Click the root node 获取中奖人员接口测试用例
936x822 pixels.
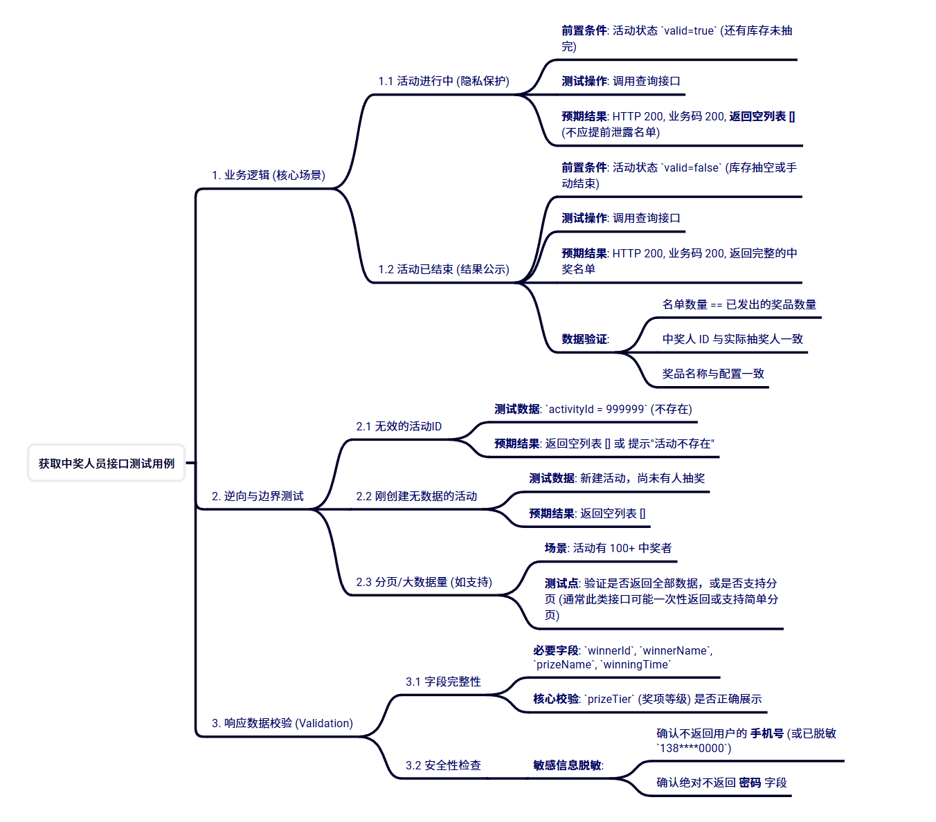tap(107, 464)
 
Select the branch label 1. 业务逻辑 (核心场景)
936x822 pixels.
tap(269, 175)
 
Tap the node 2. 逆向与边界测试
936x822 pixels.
tap(258, 496)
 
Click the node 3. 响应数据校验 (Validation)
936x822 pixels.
tap(282, 723)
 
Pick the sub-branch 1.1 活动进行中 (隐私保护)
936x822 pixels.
tap(444, 81)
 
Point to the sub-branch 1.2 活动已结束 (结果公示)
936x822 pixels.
tap(444, 269)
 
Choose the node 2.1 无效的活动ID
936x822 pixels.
tap(399, 426)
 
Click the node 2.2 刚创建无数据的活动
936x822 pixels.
tap(417, 496)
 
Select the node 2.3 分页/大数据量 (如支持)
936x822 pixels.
tap(424, 582)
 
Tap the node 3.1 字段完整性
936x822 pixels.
tap(443, 682)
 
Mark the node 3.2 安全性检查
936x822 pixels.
tap(443, 765)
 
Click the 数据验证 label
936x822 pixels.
tap(585, 339)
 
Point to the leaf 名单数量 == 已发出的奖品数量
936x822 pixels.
tap(739, 304)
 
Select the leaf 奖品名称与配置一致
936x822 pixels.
tap(713, 374)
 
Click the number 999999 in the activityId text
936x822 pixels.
tap(625, 409)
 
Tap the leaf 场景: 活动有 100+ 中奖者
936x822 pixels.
tap(608, 548)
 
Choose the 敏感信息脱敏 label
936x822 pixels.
tap(568, 765)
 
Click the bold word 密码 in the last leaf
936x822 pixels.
tap(750, 783)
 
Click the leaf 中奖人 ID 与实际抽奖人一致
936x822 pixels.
tap(732, 339)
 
